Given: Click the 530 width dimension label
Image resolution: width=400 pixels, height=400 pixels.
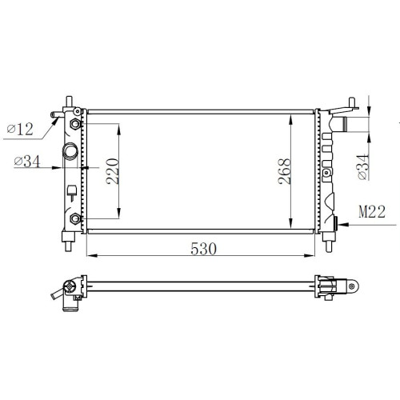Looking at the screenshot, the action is pyautogui.click(x=203, y=249).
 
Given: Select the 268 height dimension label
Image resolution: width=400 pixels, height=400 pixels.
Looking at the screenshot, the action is pyautogui.click(x=284, y=171).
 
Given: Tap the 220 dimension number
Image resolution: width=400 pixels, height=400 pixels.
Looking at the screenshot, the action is pyautogui.click(x=112, y=171).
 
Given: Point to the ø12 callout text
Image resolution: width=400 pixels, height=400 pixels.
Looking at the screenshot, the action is pyautogui.click(x=20, y=129).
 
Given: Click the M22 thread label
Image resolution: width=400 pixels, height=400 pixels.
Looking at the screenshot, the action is pyautogui.click(x=372, y=212).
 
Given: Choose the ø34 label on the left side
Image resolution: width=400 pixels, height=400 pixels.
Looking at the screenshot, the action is pyautogui.click(x=27, y=162).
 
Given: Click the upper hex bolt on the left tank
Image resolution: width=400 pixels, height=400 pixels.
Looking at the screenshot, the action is pyautogui.click(x=75, y=124).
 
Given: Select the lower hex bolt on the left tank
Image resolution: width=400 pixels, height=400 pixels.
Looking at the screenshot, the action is pyautogui.click(x=75, y=219).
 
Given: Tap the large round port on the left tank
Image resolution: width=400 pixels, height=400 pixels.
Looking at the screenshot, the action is pyautogui.click(x=70, y=151).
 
